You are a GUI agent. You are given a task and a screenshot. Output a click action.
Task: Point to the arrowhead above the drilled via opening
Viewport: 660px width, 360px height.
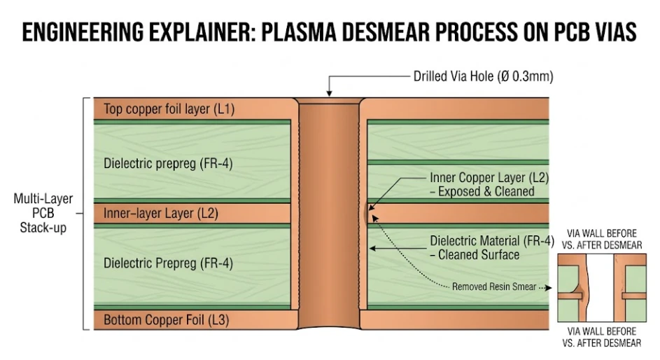(x=330, y=92)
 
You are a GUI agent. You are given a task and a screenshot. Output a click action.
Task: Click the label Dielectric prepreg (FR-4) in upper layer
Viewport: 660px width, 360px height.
(x=168, y=163)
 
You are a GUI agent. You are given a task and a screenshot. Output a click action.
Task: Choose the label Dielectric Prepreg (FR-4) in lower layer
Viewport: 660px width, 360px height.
(x=168, y=263)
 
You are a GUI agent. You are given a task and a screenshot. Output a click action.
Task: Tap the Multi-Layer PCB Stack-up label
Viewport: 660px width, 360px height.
(x=43, y=213)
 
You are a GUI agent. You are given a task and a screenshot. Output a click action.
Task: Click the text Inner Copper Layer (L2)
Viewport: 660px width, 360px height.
(x=489, y=178)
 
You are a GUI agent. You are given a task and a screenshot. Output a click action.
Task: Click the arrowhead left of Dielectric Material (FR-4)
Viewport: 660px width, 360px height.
(x=373, y=247)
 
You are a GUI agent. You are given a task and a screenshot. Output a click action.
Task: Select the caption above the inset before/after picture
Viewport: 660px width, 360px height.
(x=602, y=240)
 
